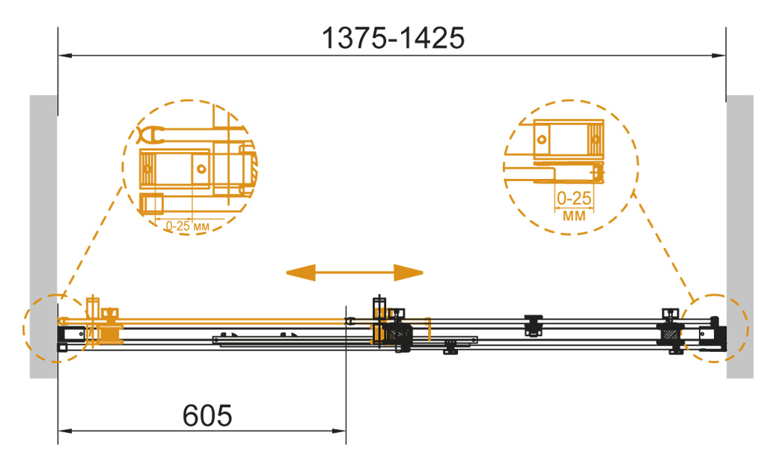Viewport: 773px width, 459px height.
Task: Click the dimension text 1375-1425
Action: pyautogui.click(x=393, y=38)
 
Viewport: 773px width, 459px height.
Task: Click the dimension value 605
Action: pyautogui.click(x=207, y=416)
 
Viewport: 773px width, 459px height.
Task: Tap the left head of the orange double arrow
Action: pyautogui.click(x=300, y=273)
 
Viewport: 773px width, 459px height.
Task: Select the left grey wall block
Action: pyautogui.click(x=43, y=237)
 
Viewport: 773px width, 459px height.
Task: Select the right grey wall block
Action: pyautogui.click(x=740, y=237)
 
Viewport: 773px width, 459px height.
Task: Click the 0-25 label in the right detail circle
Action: pyautogui.click(x=574, y=198)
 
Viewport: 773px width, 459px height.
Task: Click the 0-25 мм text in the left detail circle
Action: pyautogui.click(x=187, y=226)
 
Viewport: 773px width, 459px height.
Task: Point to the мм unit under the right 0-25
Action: pyautogui.click(x=575, y=216)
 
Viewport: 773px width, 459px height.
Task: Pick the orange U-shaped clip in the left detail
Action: pyautogui.click(x=150, y=135)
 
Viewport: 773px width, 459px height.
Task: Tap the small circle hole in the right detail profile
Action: pyautogui.click(x=542, y=139)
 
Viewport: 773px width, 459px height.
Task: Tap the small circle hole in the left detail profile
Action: pyautogui.click(x=201, y=168)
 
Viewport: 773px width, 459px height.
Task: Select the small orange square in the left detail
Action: pyautogui.click(x=152, y=204)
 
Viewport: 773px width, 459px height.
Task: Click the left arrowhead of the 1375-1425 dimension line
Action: pyautogui.click(x=65, y=55)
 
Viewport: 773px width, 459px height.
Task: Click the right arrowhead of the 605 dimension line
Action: pyautogui.click(x=339, y=431)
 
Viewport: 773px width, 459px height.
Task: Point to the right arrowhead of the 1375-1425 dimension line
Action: pyautogui.click(x=719, y=55)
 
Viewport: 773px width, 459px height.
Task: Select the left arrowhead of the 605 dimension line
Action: pyautogui.click(x=65, y=431)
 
